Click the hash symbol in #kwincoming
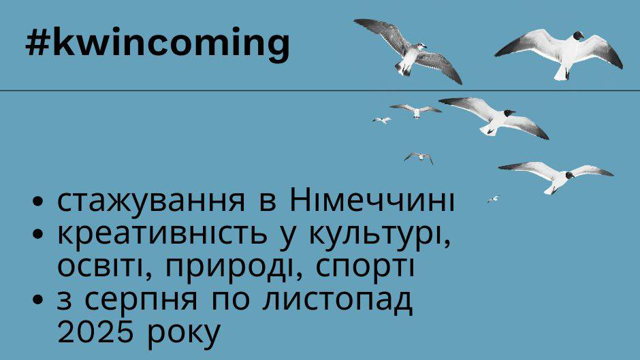pyautogui.click(x=38, y=42)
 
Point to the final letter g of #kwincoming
pyautogui.click(x=278, y=46)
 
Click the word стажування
pyautogui.click(x=151, y=201)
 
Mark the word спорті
pyautogui.click(x=364, y=268)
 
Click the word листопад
pyautogui.click(x=337, y=300)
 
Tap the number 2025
pyautogui.click(x=95, y=331)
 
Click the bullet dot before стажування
pyautogui.click(x=37, y=202)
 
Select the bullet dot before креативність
pyautogui.click(x=37, y=235)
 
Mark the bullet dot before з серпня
pyautogui.click(x=37, y=300)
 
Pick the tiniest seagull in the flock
pyautogui.click(x=494, y=199)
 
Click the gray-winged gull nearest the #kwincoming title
pyautogui.click(x=408, y=51)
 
